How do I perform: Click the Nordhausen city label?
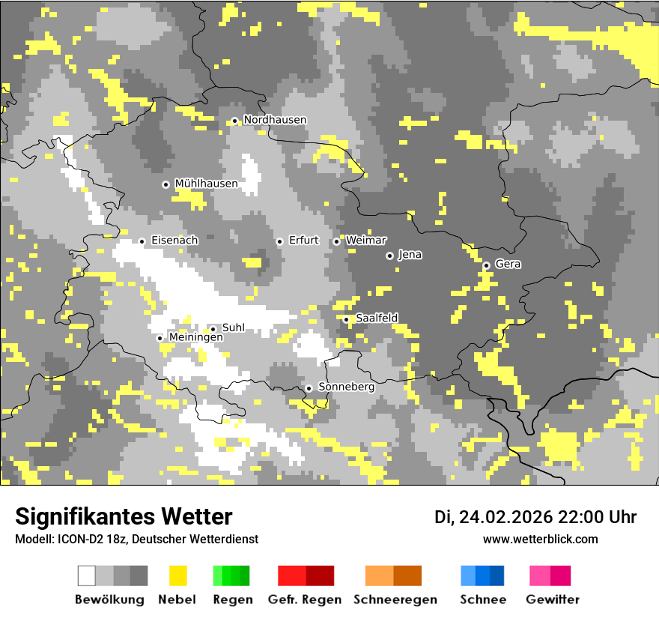[x=275, y=120]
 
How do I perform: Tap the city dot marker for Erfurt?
[x=279, y=241]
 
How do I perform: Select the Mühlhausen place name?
[x=206, y=184]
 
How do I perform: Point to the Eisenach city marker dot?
[x=142, y=241]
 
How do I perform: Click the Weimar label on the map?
[x=365, y=241]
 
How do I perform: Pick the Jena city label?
[x=410, y=255]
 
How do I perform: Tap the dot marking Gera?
[x=486, y=265]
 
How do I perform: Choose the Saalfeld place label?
[x=376, y=318]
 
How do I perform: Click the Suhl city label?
[x=233, y=327]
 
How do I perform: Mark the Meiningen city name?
[x=195, y=338]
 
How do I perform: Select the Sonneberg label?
[x=346, y=387]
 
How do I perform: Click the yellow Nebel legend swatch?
[x=177, y=576]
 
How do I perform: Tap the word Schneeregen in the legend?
[x=395, y=600]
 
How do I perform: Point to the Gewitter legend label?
[x=552, y=600]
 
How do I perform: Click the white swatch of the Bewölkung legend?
[x=87, y=576]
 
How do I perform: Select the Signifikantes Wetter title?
[x=124, y=516]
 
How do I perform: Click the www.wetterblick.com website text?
[x=540, y=539]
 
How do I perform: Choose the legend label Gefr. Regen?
[x=305, y=600]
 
